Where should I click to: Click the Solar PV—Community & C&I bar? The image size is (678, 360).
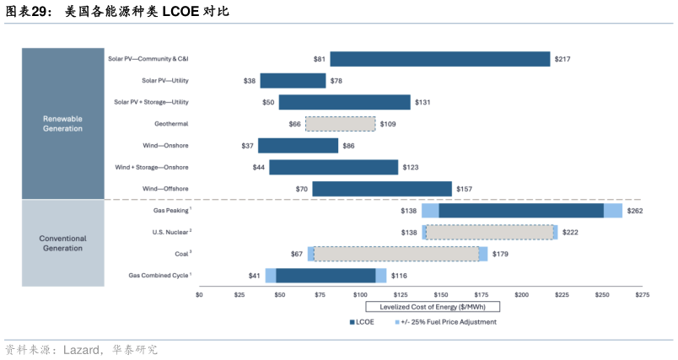click(439, 59)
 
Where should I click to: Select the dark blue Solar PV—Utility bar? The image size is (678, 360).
click(293, 81)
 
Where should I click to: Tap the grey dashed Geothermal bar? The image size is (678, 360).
click(341, 124)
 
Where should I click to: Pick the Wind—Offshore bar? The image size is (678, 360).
click(382, 189)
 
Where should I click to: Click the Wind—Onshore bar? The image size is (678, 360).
click(298, 146)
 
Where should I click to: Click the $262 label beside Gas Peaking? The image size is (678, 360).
click(635, 211)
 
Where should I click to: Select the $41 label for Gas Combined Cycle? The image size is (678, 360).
click(254, 276)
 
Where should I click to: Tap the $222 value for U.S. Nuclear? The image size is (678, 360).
click(570, 232)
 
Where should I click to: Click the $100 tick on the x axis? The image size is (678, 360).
click(360, 295)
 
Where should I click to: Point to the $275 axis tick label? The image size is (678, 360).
click(642, 295)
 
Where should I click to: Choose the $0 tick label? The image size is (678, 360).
click(200, 295)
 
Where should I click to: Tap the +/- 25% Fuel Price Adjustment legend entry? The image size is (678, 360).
click(451, 321)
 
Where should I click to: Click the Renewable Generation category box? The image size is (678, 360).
click(62, 124)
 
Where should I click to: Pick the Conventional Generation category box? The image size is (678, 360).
click(62, 244)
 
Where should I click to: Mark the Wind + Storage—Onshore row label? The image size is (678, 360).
click(152, 168)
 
